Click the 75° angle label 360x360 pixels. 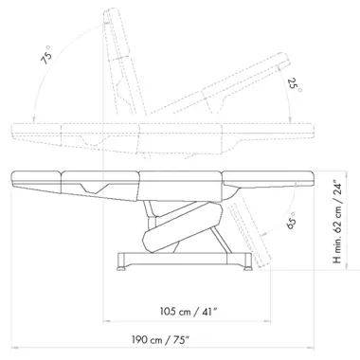[x=46, y=56]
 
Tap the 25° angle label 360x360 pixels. [x=295, y=85]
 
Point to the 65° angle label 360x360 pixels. [x=291, y=221]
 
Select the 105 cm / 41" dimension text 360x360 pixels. [x=189, y=312]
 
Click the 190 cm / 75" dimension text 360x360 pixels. [x=161, y=340]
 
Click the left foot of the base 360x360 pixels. [x=121, y=268]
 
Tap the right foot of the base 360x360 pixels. [x=247, y=268]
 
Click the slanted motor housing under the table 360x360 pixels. [x=183, y=227]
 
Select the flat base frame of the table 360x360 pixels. [x=185, y=259]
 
